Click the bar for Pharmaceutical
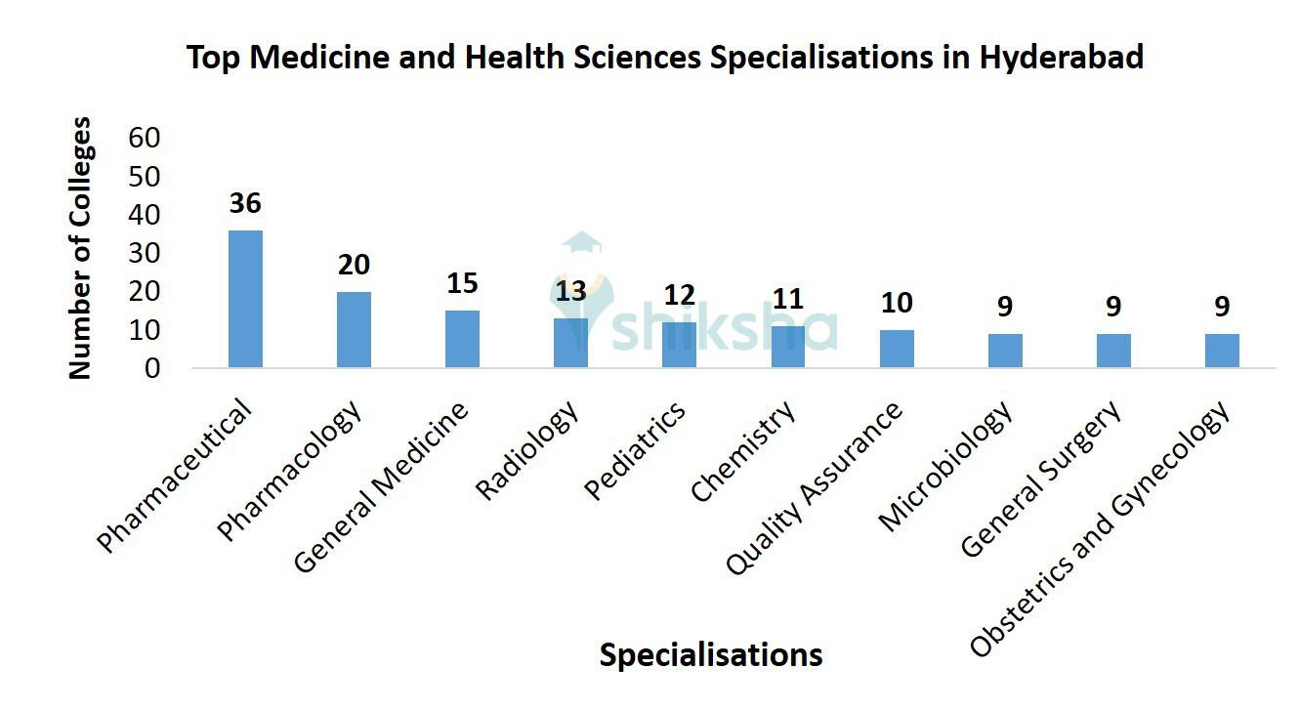(245, 299)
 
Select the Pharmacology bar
(354, 330)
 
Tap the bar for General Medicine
(462, 339)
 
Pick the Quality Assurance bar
(897, 349)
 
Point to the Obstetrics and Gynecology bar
(1222, 351)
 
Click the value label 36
(245, 204)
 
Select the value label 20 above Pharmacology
(354, 266)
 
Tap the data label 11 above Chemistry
(788, 299)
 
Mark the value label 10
(897, 303)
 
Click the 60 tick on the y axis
(144, 138)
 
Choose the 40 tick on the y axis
(144, 215)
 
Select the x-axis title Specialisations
(710, 654)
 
